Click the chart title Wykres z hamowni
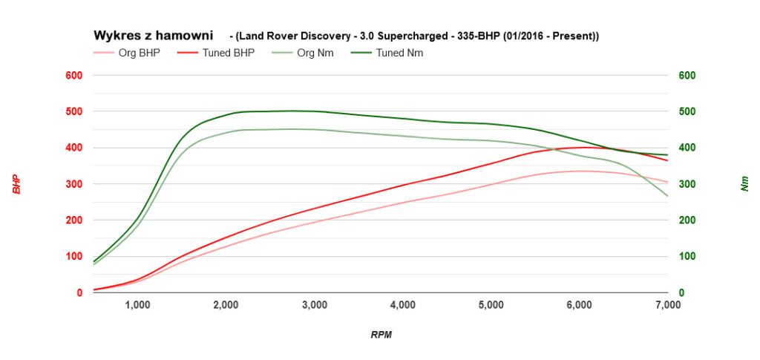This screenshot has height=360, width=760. [153, 36]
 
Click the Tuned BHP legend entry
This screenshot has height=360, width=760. [223, 53]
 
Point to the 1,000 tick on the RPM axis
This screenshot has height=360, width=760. [137, 305]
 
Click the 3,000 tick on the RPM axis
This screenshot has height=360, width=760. [315, 305]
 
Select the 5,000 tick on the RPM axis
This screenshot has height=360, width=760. [491, 305]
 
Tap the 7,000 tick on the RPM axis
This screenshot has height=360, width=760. [668, 305]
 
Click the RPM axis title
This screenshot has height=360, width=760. [381, 335]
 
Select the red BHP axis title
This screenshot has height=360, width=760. [16, 184]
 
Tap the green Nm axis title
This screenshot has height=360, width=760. [744, 184]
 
